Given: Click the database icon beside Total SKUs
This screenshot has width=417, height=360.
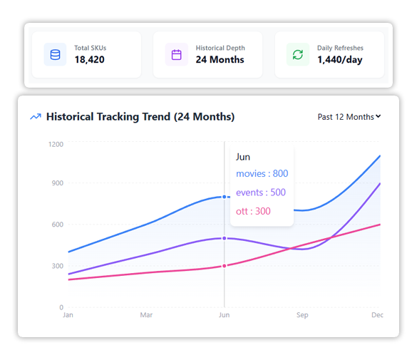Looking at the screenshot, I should pos(55,55).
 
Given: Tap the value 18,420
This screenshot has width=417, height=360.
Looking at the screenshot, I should pos(89,60).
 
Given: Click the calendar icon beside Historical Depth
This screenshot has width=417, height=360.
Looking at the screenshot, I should pos(177,55).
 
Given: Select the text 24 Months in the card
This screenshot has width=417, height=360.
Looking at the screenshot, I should pos(220,60).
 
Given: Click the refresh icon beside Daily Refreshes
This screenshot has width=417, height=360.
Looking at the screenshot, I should pos(298,55).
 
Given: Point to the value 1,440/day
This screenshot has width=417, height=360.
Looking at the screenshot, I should pos(339,60).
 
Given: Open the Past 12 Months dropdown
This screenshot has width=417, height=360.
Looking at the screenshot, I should pos(349,117).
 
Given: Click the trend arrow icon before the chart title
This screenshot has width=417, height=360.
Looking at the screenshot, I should pos(36,117).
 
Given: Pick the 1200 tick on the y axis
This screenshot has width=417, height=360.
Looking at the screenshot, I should pos(56,144).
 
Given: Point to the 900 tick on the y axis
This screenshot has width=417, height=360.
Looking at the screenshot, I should pos(57,183).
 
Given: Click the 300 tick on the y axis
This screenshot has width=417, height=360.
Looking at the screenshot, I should pos(57,266).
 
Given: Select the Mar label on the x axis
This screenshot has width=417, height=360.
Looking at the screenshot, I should pos(146,314).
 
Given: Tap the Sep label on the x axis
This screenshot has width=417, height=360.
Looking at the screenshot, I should pos(302,314).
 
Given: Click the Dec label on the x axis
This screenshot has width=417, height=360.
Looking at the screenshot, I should pos(378,314).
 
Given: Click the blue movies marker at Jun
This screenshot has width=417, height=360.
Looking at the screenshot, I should pos(225,197).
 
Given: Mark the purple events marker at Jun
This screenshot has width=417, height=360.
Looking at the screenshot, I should pos(225,238).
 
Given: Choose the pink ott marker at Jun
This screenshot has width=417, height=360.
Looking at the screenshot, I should pos(225,266).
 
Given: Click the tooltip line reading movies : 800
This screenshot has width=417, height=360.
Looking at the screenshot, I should pos(262,174).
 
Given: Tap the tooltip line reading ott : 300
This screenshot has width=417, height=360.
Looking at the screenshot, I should pos(253,211).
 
